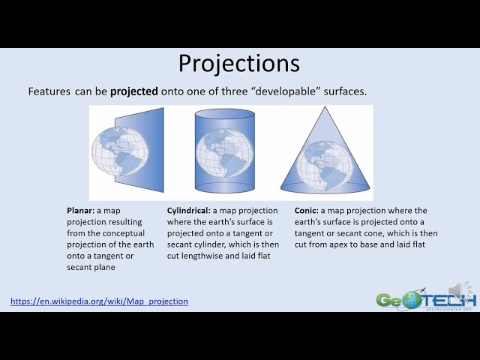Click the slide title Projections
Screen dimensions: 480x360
239,64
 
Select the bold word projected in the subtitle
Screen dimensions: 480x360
134,91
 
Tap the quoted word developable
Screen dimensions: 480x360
286,91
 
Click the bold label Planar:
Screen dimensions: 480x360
80,211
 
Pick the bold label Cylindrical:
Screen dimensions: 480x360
188,211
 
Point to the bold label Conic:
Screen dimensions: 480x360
307,211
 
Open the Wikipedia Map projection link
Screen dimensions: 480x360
99,301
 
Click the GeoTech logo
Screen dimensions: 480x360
427,299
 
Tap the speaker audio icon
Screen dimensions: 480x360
459,289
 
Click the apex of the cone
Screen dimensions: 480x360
325,106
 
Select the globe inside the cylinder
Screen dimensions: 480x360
225,153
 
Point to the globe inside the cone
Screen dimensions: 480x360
325,166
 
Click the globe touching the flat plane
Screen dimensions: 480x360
120,151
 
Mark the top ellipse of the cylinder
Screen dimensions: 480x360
225,113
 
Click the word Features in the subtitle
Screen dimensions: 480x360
49,91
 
